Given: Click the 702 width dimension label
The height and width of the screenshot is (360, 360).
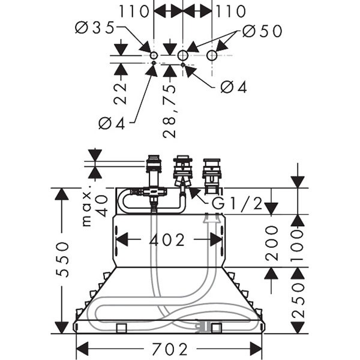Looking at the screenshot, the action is pyautogui.click(x=170, y=349).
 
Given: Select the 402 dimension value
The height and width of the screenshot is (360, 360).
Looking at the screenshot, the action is pyautogui.click(x=167, y=240).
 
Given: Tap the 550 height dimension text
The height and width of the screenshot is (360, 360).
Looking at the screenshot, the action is pyautogui.click(x=62, y=259).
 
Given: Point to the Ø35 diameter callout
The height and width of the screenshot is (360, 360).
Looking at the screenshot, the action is pyautogui.click(x=95, y=28).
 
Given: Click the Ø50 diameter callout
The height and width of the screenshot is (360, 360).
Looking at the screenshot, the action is pyautogui.click(x=262, y=31).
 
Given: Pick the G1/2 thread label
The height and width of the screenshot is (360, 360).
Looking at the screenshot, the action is pyautogui.click(x=237, y=203).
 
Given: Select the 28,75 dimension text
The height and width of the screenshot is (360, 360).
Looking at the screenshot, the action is pyautogui.click(x=169, y=112).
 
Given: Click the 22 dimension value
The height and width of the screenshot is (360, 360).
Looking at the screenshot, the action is pyautogui.click(x=120, y=94).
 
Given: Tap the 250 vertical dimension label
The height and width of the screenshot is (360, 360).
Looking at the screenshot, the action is pyautogui.click(x=298, y=301).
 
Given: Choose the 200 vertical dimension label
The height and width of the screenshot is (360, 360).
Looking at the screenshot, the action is pyautogui.click(x=272, y=243).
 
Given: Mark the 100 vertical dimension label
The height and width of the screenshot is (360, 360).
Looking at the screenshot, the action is pyautogui.click(x=298, y=246).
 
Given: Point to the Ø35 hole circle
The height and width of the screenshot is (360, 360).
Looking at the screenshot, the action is pyautogui.click(x=154, y=55).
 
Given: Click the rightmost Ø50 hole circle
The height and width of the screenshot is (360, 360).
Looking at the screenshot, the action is pyautogui.click(x=212, y=55).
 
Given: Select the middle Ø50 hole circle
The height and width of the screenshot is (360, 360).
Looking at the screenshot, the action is pyautogui.click(x=183, y=55).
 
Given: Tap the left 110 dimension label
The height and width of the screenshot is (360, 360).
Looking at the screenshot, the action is pyautogui.click(x=134, y=11).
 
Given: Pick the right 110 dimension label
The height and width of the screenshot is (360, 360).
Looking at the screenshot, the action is pyautogui.click(x=231, y=11).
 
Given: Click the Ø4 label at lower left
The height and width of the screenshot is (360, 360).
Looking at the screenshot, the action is pyautogui.click(x=112, y=123).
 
